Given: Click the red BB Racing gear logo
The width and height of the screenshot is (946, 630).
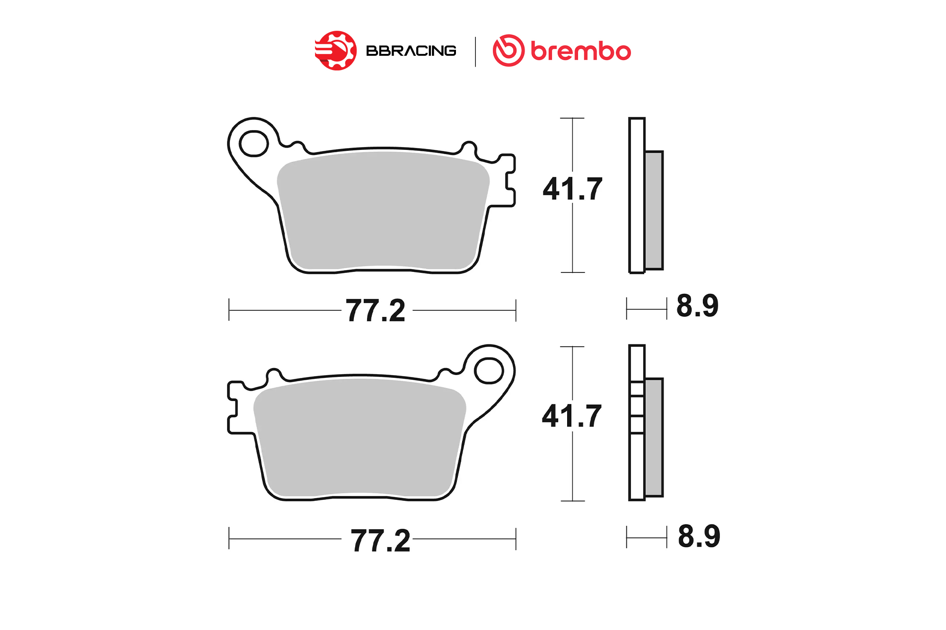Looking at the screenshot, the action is point(336,51).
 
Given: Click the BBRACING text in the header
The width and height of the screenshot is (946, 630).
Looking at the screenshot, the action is point(411,51).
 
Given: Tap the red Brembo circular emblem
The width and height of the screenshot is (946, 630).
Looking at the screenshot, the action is point(508,51).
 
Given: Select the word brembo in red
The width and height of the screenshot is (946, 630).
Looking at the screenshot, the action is point(581,51).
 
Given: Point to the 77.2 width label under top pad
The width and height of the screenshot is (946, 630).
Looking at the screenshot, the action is point(376,311).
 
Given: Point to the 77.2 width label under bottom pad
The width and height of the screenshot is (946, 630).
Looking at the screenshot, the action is point(380,541).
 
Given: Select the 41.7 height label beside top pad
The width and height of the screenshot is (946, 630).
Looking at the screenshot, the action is point(573,189).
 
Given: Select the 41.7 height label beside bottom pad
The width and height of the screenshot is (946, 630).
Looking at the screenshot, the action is point(572,416).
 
